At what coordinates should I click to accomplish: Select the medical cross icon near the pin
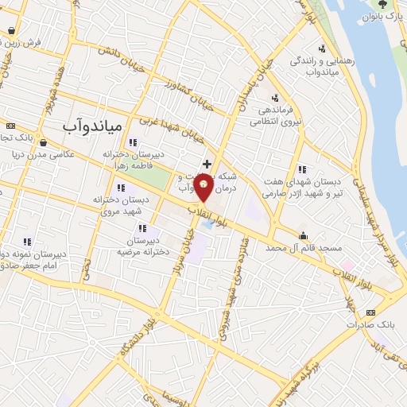(207, 163)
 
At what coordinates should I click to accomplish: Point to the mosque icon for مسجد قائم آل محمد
(303, 235)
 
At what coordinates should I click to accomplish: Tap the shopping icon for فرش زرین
(12, 31)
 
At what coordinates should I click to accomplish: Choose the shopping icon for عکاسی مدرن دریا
(44, 143)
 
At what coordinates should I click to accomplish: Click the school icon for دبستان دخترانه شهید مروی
(121, 188)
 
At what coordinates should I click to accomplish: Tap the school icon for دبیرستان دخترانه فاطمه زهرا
(143, 141)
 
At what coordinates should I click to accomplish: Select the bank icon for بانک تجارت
(10, 126)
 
